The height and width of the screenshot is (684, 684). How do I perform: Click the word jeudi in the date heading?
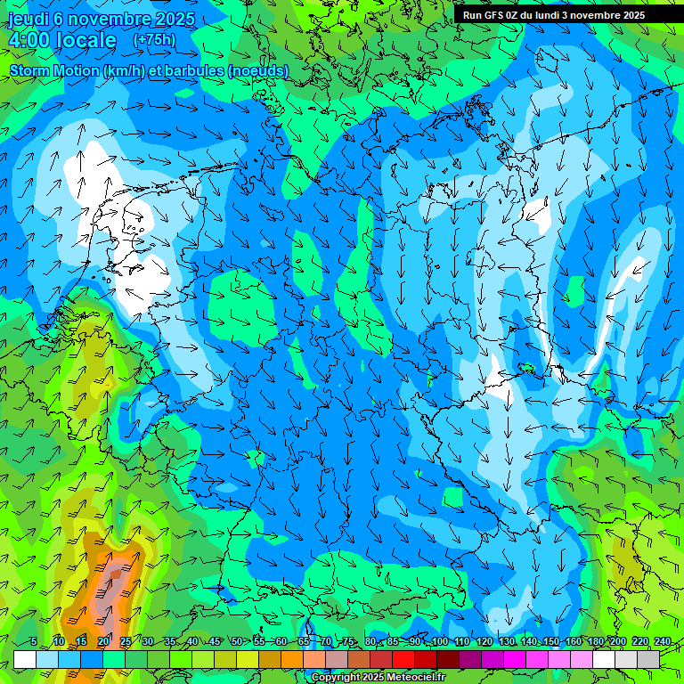(x=28, y=19)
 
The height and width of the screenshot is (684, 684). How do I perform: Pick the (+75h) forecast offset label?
(x=154, y=40)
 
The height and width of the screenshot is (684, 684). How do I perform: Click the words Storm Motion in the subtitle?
(x=54, y=70)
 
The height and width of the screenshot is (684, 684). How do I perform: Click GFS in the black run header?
(x=496, y=15)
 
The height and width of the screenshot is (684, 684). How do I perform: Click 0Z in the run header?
(x=518, y=15)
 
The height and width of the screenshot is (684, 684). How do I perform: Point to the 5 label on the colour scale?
(x=33, y=642)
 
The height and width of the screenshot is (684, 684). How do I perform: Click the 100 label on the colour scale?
(x=439, y=642)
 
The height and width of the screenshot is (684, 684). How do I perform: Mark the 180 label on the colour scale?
(x=595, y=642)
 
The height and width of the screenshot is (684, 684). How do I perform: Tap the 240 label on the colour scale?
(x=662, y=642)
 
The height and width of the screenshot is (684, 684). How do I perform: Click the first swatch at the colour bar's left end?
(x=25, y=659)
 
